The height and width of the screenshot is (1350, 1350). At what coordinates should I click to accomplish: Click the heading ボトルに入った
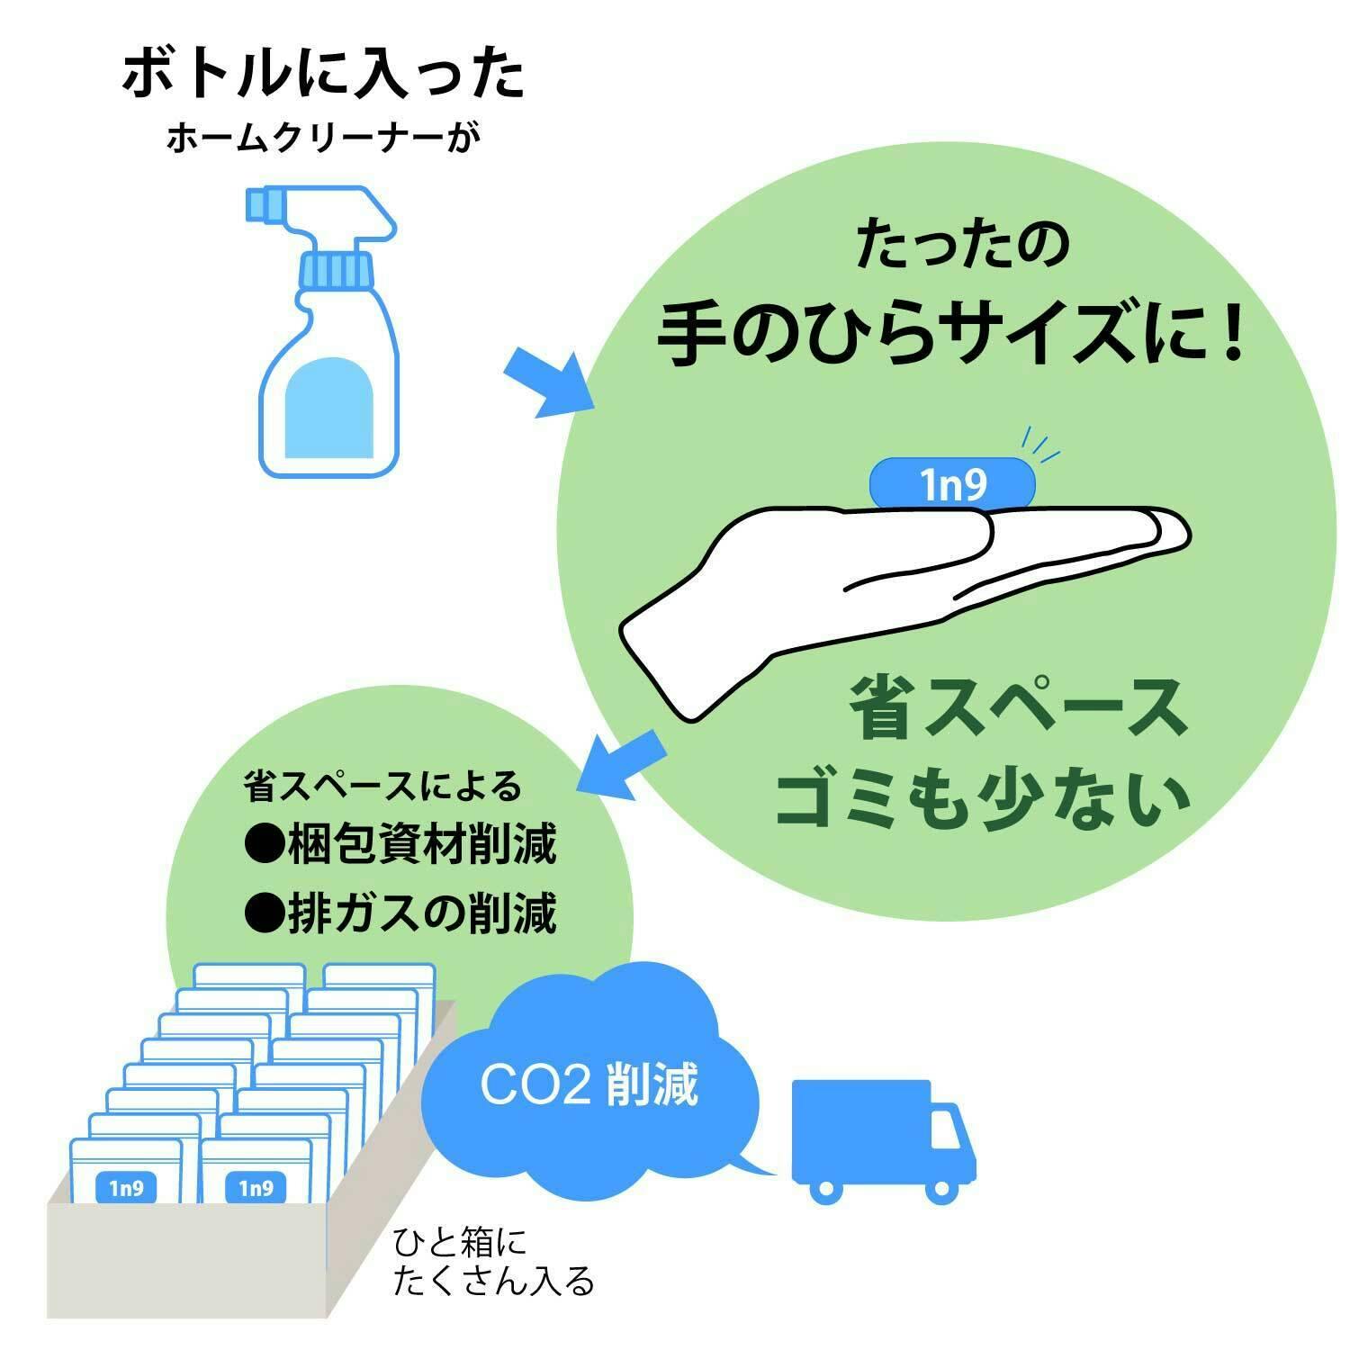coord(322,74)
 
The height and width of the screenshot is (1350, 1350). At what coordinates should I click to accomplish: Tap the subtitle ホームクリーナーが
coord(319,139)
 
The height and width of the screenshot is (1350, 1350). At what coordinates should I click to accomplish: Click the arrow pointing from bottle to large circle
coord(548,382)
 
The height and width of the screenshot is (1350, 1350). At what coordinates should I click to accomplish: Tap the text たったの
coord(961,245)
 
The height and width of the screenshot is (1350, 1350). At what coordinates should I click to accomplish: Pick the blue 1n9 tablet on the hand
coord(952,484)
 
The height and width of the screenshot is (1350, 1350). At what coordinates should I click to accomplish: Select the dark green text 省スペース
coord(1017,708)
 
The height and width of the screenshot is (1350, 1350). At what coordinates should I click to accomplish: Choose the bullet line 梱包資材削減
coord(400,844)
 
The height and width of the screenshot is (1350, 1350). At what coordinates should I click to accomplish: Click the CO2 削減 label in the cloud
coord(589,1085)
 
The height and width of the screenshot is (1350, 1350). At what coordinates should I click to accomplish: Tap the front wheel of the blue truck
coord(941,1190)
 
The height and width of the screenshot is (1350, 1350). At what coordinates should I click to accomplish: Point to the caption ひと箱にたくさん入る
coord(493,1262)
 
